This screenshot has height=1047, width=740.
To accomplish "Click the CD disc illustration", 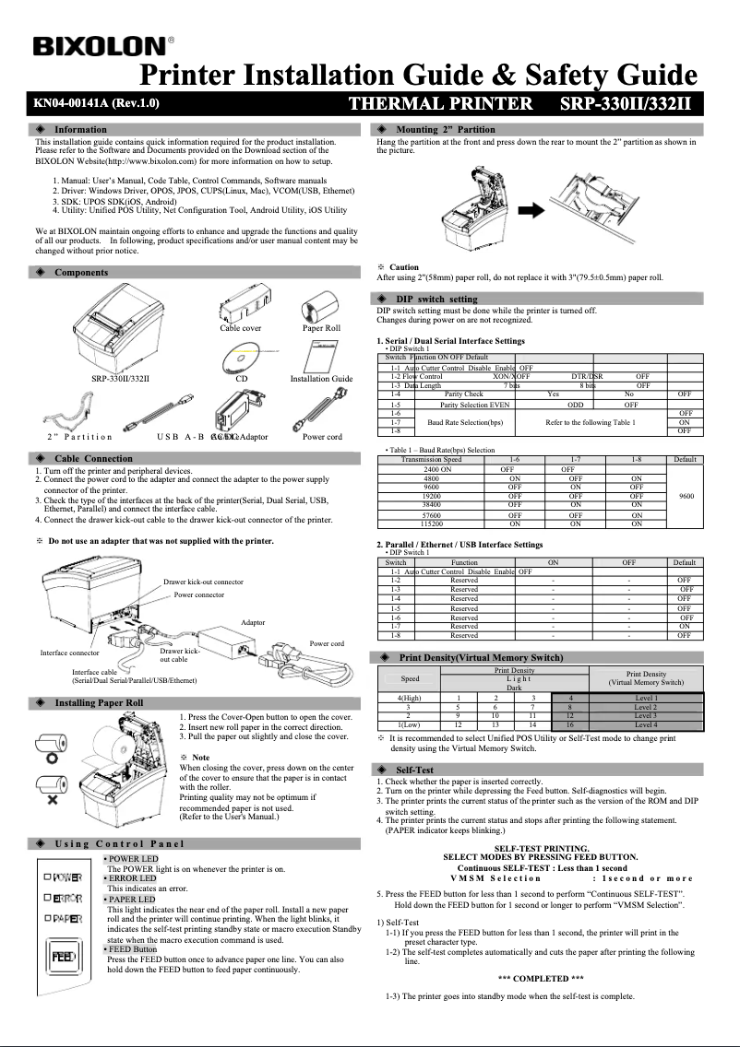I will [241, 356].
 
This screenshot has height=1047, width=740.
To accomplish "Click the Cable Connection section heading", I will [93, 458].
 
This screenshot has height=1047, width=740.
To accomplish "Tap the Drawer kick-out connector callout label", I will [203, 582].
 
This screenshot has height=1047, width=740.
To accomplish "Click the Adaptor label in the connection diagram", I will [253, 622].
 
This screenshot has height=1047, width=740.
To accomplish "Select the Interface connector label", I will [70, 653].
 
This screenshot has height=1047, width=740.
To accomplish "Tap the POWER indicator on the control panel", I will [65, 876].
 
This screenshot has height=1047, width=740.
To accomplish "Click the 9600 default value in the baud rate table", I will [686, 496].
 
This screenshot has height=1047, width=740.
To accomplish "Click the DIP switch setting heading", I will [436, 299].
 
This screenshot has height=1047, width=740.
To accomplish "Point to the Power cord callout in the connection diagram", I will [327, 643].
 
